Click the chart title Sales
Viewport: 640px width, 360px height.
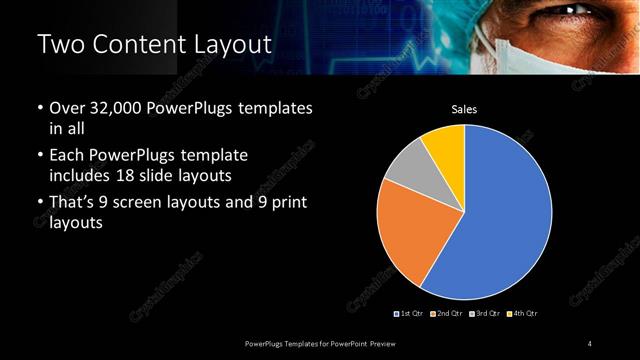(464, 107)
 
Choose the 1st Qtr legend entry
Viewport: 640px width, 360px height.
(410, 314)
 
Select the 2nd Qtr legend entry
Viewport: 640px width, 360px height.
(447, 314)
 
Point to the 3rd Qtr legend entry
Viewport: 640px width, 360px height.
(484, 314)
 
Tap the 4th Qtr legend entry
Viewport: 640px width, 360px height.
(521, 314)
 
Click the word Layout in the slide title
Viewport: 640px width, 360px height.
(223, 44)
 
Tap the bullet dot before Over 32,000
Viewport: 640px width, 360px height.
(40, 108)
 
